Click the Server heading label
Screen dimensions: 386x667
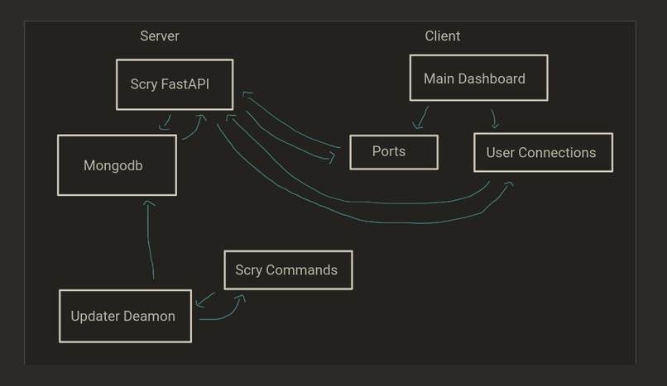(x=159, y=36)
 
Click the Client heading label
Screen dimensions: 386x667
(x=443, y=36)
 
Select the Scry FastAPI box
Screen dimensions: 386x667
(x=174, y=84)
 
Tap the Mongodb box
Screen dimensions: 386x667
(x=117, y=165)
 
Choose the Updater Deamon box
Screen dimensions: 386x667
(x=125, y=316)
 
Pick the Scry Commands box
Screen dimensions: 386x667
(x=288, y=270)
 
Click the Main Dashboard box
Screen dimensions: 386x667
(x=478, y=79)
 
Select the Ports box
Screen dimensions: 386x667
(x=393, y=152)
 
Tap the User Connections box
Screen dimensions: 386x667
(x=543, y=152)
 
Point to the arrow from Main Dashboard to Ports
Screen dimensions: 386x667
(x=423, y=117)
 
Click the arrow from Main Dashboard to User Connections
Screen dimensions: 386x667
(x=494, y=118)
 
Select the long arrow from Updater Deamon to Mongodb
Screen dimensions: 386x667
(x=151, y=240)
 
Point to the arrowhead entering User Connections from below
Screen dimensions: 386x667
(x=507, y=185)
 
